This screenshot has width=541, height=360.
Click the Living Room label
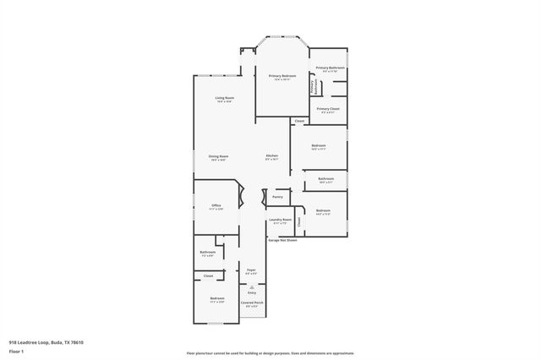[x=224, y=99]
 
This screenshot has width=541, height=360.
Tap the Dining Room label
[x=218, y=157]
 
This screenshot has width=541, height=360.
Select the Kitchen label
[x=271, y=157]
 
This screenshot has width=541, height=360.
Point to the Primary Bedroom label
[x=281, y=77]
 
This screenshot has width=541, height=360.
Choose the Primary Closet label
[x=328, y=110]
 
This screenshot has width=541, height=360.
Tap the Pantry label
[x=277, y=195]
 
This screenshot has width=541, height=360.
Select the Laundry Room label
[x=280, y=221]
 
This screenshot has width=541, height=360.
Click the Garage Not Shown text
[x=282, y=240]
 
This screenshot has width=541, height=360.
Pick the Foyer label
[x=251, y=271]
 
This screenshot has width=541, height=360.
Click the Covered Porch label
[x=252, y=303]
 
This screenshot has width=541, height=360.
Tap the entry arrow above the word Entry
[x=251, y=287]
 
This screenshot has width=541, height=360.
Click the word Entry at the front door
[x=251, y=293]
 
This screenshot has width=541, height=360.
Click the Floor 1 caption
[x=16, y=350]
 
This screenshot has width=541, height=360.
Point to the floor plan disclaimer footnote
[x=270, y=353]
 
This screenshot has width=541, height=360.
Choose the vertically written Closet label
[x=299, y=221]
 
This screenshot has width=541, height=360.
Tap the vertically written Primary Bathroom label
[x=312, y=85]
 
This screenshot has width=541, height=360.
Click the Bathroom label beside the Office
[x=208, y=252]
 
